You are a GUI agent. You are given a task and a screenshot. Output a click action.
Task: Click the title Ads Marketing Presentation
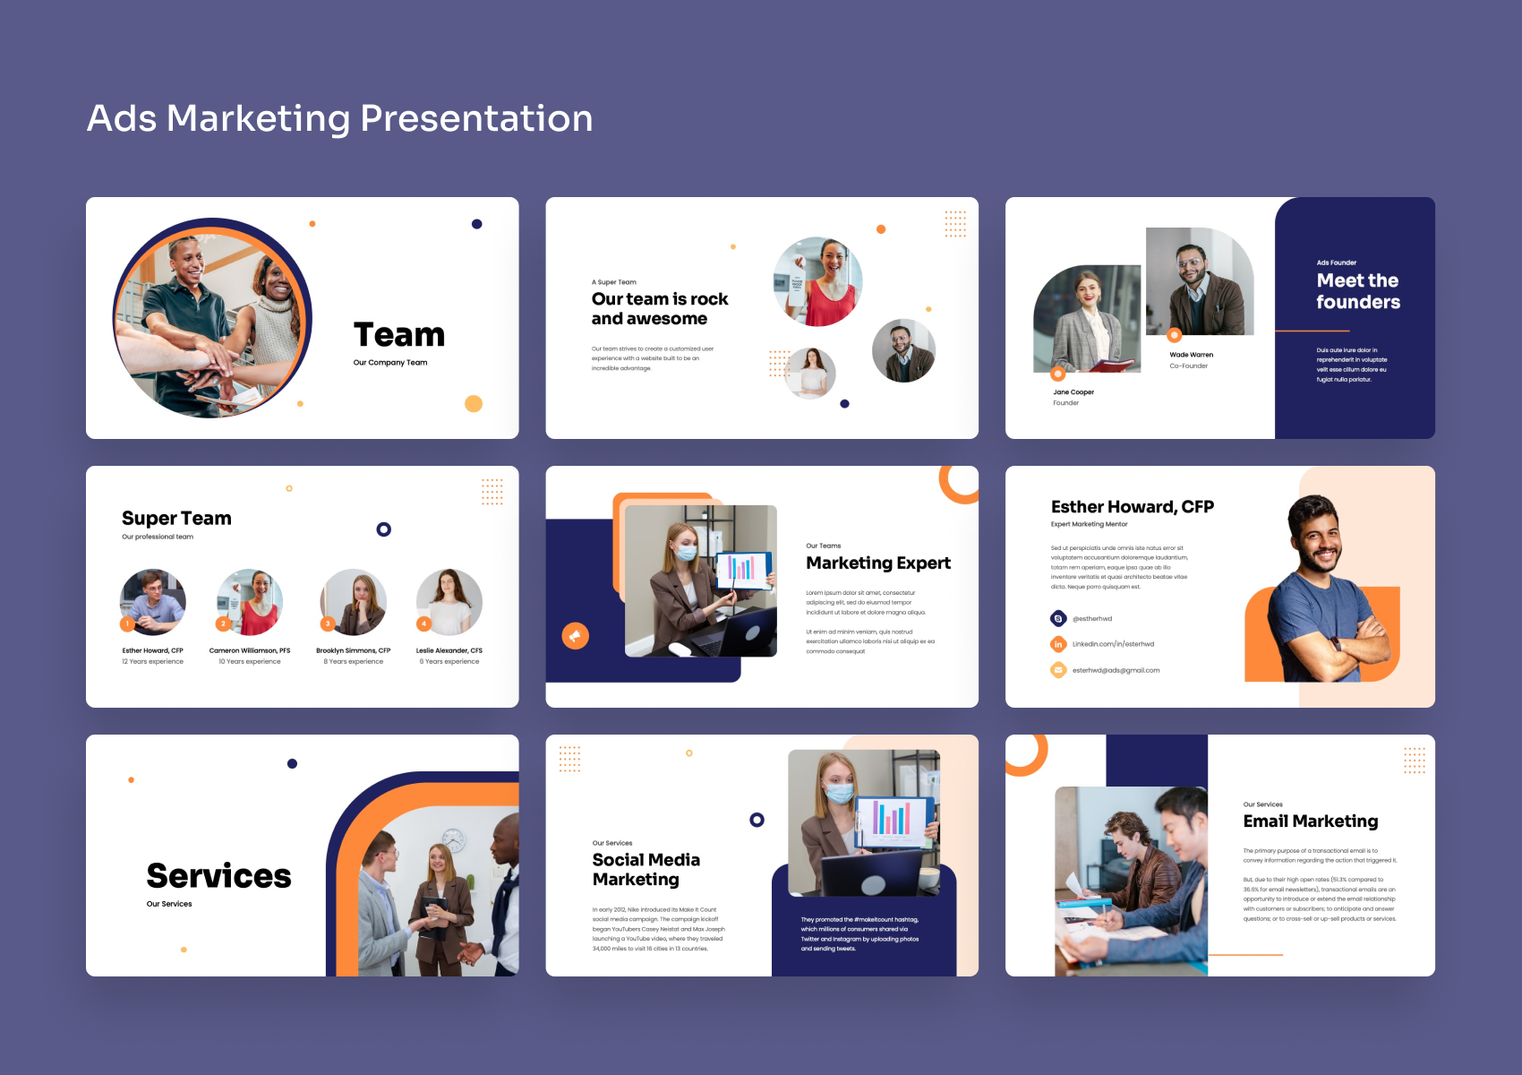339,118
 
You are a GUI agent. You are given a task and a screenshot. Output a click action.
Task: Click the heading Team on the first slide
399,335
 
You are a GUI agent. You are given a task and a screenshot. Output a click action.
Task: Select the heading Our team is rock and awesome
659,309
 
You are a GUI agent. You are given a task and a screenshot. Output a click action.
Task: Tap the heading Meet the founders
1357,291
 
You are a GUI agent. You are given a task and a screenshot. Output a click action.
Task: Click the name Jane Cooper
1073,392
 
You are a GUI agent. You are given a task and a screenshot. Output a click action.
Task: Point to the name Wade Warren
1191,355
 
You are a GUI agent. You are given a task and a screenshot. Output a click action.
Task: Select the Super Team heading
176,519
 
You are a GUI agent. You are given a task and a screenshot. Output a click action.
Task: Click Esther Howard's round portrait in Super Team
153,601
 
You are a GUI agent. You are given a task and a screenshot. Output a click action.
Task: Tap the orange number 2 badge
224,623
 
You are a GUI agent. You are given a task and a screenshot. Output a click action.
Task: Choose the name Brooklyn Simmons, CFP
353,650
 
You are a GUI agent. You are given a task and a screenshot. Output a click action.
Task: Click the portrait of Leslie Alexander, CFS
449,601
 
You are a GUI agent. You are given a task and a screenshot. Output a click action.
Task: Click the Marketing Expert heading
877,563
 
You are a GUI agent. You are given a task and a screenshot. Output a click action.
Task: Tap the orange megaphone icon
575,636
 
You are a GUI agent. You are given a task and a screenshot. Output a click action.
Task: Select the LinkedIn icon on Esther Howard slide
1058,644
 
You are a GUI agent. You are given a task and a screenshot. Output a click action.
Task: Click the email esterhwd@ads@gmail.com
1116,670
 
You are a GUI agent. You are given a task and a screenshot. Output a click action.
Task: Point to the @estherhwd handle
1092,619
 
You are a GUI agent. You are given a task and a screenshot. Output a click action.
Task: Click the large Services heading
218,876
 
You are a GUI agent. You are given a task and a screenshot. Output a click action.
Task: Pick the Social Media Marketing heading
646,870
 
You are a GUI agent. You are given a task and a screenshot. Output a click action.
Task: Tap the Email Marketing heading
1310,821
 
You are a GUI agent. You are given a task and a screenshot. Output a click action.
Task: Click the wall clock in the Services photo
454,839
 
